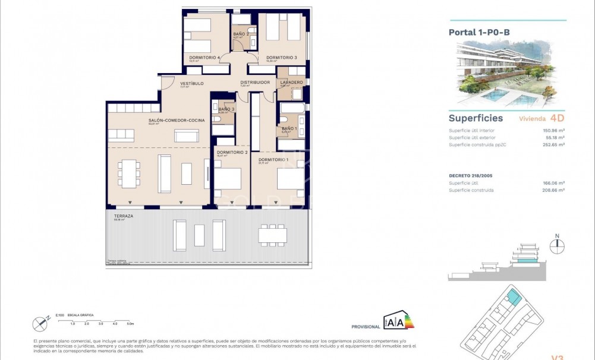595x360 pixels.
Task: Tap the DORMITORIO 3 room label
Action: (281, 58)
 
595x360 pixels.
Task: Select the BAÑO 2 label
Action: (241, 34)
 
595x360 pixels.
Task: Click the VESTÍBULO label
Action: (192, 84)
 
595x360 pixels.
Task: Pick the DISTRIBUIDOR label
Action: (255, 82)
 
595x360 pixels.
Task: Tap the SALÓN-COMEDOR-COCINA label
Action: (177, 121)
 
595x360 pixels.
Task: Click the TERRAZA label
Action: (124, 216)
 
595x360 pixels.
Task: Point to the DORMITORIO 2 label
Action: (232, 153)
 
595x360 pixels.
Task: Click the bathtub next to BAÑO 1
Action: (292, 109)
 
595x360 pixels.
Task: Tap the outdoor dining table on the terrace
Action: (272, 235)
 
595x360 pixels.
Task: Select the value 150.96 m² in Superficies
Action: (553, 131)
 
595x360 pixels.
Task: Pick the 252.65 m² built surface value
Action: (553, 144)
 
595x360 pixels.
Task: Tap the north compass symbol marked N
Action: (557, 245)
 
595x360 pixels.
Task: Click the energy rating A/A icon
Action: (399, 321)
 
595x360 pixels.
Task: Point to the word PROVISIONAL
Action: (366, 327)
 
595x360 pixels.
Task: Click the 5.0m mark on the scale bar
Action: (130, 324)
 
